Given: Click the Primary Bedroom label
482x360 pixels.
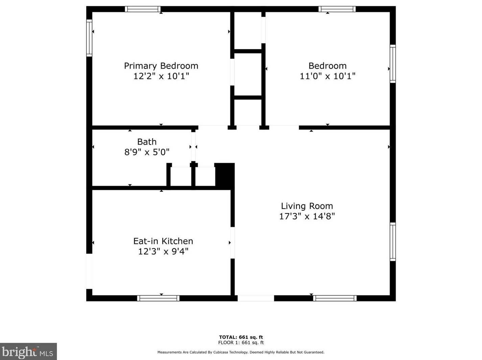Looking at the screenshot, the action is click(161, 66).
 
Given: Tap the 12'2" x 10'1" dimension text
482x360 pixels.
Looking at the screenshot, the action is click(161, 76).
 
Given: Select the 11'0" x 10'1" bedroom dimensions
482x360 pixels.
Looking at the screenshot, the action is click(328, 76).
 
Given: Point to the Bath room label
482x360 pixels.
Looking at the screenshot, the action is click(147, 142).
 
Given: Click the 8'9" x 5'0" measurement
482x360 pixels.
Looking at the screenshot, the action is click(147, 152).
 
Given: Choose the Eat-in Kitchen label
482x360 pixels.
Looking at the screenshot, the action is click(163, 241).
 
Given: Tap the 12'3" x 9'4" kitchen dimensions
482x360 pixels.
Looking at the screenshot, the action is click(163, 251).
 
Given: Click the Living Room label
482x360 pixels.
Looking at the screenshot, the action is click(307, 206).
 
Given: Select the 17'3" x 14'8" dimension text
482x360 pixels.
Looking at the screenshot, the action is click(307, 216).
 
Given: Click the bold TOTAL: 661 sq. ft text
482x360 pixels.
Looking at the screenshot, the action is click(241, 337).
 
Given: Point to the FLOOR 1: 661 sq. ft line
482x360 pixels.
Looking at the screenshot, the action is click(241, 342).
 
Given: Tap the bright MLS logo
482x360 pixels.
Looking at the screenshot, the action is click(28, 352).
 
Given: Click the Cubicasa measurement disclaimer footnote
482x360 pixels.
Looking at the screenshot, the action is click(241, 352).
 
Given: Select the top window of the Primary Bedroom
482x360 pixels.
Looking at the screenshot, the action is click(143, 9).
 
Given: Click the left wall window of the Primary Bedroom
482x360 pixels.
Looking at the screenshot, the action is click(89, 38).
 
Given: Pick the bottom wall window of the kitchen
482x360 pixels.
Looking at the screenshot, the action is click(158, 298).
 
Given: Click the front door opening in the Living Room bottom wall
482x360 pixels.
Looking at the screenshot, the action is click(256, 298).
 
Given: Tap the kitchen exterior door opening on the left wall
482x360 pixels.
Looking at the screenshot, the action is click(89, 271).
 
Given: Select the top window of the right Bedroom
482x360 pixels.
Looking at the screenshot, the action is click(337, 9).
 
